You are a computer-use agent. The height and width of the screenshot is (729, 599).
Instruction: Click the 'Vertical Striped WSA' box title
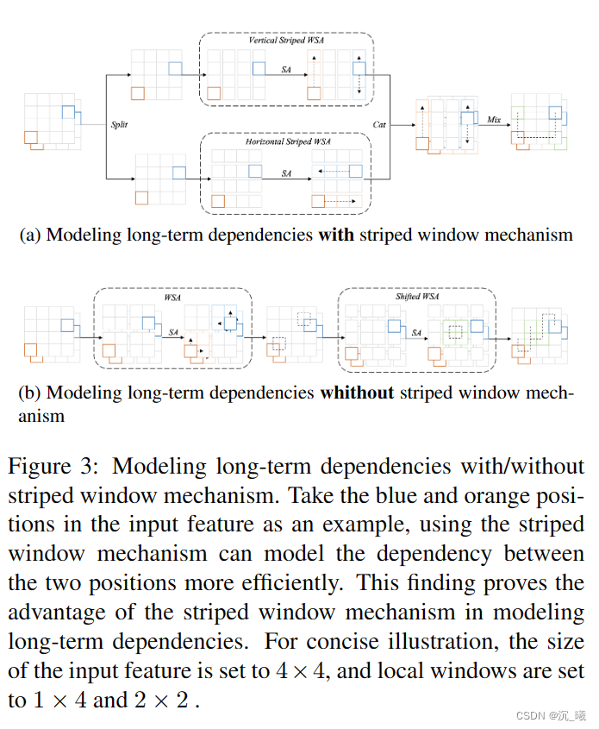point(286,41)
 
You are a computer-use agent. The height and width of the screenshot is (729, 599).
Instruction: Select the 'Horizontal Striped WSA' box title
point(286,141)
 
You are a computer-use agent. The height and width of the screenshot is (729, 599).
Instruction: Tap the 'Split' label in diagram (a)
point(119,125)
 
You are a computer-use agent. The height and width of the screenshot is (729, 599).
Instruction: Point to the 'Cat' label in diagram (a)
point(379,125)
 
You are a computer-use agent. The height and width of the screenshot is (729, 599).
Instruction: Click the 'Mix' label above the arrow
point(494,120)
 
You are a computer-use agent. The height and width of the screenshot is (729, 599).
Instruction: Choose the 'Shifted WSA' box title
point(417,297)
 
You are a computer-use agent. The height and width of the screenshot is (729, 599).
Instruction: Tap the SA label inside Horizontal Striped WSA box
point(286,173)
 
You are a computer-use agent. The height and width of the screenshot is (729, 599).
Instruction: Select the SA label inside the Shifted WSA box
point(417,332)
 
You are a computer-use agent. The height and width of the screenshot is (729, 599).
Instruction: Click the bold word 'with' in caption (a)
point(336,234)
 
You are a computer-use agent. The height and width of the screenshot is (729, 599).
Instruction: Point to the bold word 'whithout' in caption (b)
point(357,393)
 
